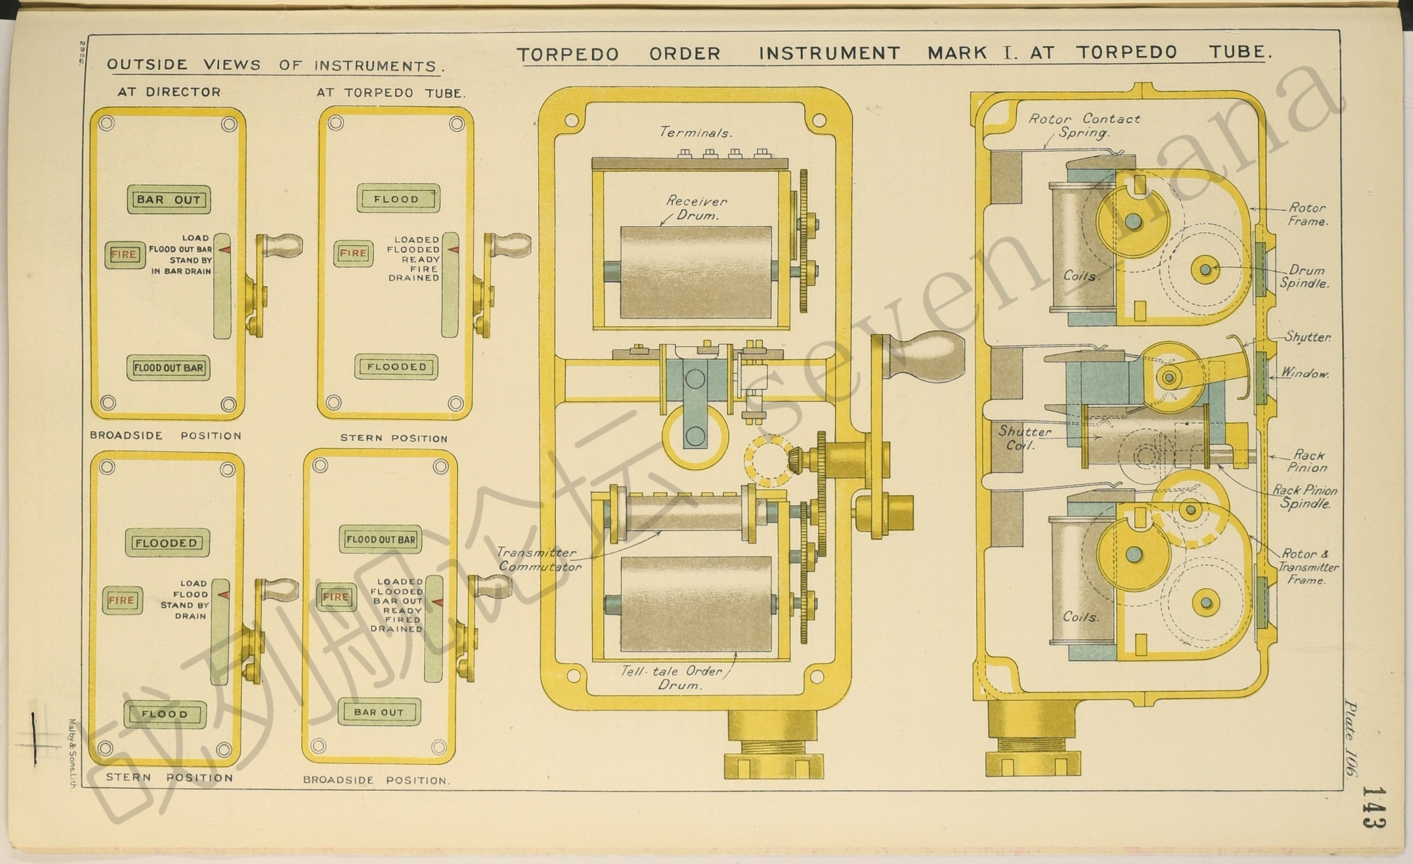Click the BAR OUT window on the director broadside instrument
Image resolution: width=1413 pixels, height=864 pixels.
tap(169, 199)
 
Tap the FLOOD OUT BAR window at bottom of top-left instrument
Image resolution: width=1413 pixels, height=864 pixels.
tap(168, 368)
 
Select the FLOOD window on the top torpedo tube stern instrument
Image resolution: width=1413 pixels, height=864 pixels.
tap(398, 199)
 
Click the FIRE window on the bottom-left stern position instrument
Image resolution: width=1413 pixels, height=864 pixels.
tap(122, 600)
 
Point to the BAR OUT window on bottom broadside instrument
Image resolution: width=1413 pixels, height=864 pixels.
tap(379, 712)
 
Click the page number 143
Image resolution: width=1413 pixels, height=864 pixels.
tap(1375, 808)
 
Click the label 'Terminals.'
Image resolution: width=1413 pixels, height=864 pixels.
tap(696, 133)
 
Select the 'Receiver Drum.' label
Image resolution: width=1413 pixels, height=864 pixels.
tap(696, 208)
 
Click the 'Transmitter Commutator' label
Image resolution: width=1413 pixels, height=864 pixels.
tap(539, 559)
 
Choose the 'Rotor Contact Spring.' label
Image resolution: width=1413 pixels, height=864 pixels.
tap(1084, 126)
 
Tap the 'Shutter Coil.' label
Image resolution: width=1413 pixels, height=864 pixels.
tap(1024, 438)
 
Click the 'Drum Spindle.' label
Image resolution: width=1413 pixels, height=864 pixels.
tap(1305, 277)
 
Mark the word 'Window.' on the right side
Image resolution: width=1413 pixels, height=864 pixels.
tap(1305, 373)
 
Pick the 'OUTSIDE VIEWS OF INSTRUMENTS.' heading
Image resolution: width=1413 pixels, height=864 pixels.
tap(276, 65)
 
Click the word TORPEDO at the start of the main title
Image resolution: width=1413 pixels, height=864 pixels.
tap(568, 54)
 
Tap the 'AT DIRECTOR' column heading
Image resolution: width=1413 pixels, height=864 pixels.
tap(169, 92)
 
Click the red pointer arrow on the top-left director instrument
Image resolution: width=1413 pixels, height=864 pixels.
tap(224, 250)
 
